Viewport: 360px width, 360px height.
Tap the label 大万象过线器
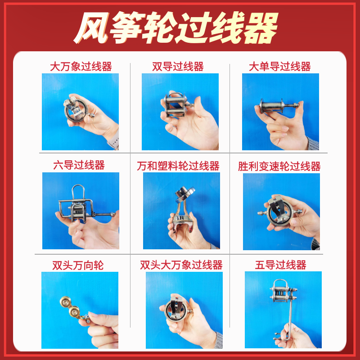(x=81, y=67)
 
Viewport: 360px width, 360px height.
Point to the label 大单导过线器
(x=279, y=67)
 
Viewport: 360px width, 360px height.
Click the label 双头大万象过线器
(x=181, y=265)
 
